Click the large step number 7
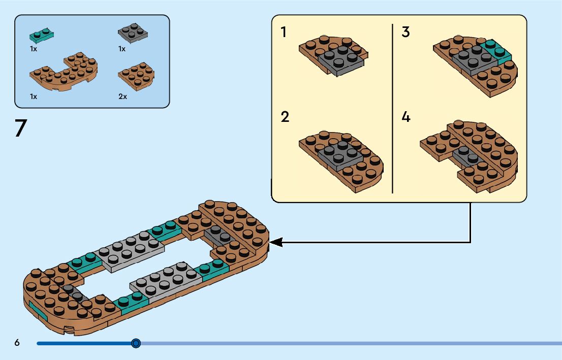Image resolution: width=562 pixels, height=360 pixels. (x=21, y=128)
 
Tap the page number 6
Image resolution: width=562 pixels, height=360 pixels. (x=17, y=342)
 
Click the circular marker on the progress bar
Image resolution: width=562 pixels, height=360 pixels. (x=136, y=344)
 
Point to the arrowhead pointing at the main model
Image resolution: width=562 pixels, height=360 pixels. (x=275, y=243)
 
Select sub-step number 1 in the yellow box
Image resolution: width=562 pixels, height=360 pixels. (x=284, y=32)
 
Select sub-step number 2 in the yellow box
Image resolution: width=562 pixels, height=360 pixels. (x=285, y=117)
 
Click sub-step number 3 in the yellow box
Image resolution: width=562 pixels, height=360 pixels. (x=405, y=32)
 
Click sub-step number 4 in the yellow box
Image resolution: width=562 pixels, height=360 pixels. (x=405, y=117)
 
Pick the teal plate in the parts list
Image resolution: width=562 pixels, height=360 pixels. (x=42, y=35)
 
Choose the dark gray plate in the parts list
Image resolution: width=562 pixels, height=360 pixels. (x=133, y=34)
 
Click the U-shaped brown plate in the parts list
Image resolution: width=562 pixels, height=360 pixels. (x=64, y=71)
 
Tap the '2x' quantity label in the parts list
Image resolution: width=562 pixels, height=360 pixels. (x=122, y=96)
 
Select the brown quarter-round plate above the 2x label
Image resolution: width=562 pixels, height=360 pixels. (x=136, y=76)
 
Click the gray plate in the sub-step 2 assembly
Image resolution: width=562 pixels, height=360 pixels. (x=340, y=155)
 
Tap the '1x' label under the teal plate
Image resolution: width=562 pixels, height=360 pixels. (x=34, y=49)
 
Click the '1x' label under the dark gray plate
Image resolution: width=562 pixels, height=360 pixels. (x=122, y=49)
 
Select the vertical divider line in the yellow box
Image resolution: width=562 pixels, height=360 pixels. (x=393, y=109)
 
